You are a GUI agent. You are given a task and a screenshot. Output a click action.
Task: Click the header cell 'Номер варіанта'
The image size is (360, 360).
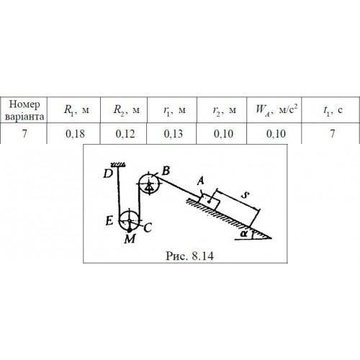tap(24, 110)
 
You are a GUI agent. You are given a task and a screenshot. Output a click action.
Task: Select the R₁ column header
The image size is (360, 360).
tap(76, 110)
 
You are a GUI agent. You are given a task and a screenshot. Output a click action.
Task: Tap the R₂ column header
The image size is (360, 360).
tap(126, 110)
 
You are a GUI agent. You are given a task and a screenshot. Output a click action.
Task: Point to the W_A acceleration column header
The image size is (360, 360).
tap(276, 109)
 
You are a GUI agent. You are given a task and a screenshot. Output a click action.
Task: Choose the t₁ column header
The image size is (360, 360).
tap(333, 110)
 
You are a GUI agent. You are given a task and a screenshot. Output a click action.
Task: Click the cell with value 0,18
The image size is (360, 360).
tap(75, 134)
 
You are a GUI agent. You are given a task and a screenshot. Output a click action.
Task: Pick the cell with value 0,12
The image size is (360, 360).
tap(125, 134)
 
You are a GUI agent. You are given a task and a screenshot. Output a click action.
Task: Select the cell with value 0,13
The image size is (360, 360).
tap(174, 134)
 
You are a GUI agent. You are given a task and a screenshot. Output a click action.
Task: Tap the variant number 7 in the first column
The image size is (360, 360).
tap(24, 134)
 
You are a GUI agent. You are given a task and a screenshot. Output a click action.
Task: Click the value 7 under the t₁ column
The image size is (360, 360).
tap(333, 134)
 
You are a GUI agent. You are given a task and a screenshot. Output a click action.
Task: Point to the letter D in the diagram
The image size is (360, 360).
tap(108, 174)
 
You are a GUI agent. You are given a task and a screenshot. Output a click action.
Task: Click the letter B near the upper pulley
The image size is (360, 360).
tap(166, 171)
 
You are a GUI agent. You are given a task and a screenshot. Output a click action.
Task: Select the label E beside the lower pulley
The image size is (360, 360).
tap(109, 221)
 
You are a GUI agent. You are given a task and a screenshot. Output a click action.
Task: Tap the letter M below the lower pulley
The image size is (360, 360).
tap(130, 239)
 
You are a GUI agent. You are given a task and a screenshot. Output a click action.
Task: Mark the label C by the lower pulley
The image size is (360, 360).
tap(148, 228)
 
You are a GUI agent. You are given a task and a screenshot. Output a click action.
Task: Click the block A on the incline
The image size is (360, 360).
tap(210, 202)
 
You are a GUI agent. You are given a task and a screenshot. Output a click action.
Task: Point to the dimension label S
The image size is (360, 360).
tap(245, 195)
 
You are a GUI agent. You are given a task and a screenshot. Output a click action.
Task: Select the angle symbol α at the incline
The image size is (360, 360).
tap(244, 233)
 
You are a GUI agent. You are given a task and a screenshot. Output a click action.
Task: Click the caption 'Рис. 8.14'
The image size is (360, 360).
tap(189, 256)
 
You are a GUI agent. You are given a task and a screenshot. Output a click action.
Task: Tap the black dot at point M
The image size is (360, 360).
tap(130, 230)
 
